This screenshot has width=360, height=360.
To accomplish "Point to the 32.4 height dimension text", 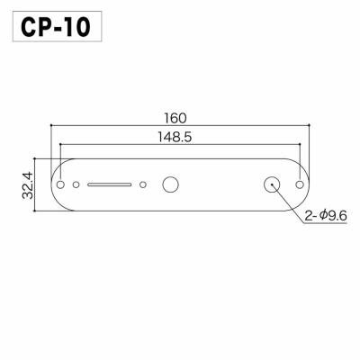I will (26, 184).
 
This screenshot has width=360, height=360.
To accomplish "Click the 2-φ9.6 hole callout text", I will (325, 215).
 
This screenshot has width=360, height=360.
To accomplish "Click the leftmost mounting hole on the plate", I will (61, 184).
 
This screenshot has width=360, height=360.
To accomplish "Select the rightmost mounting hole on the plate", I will (300, 184).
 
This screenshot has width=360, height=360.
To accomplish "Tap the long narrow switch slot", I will (110, 184).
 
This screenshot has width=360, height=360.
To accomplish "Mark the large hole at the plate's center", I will (169, 184).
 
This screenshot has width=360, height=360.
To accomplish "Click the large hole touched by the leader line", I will (271, 184).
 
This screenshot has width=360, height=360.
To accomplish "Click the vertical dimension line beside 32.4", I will (36, 184).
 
